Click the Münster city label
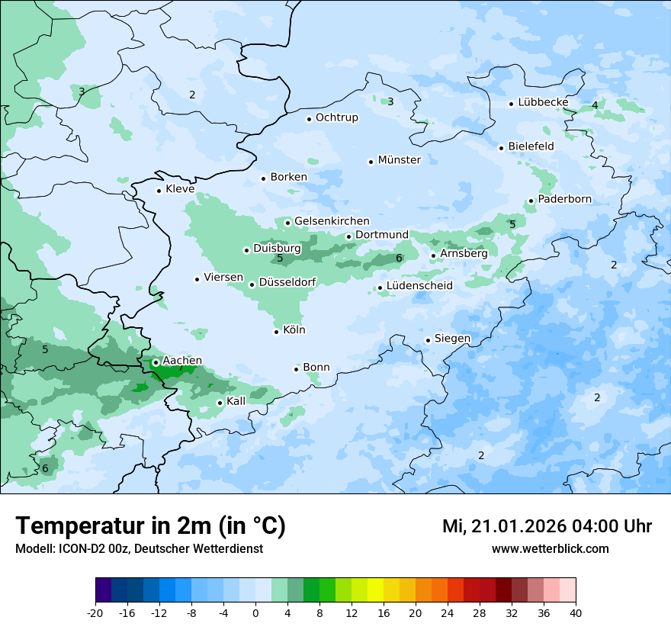399,160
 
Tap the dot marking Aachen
156,363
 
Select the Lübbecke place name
543,102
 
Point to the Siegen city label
452,339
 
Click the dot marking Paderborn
531,201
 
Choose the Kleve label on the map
180,189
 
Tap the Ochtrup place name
336,117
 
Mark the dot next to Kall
220,403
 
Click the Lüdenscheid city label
419,286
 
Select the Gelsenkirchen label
332,221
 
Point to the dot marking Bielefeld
501,148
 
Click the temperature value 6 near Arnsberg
399,259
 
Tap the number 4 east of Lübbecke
595,105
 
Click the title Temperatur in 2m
150,526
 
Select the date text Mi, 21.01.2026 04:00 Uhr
547,527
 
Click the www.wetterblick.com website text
550,549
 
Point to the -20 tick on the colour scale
95,612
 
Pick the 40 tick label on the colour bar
575,612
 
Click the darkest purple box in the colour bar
103,590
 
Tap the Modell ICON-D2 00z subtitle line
139,549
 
